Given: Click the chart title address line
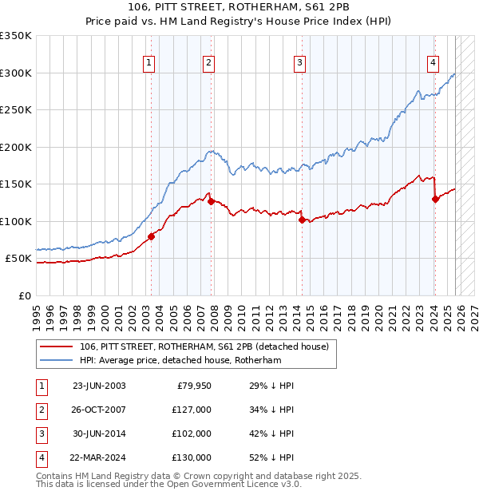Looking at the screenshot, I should click(x=239, y=6).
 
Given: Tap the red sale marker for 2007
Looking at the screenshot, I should click(x=211, y=201).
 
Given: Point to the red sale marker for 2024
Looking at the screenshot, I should click(x=435, y=199).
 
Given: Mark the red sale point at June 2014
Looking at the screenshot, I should click(x=302, y=220).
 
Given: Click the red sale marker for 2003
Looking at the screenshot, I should click(x=151, y=236).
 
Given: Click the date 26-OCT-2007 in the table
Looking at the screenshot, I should click(x=99, y=410).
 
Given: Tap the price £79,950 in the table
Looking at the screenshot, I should click(x=194, y=386).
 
